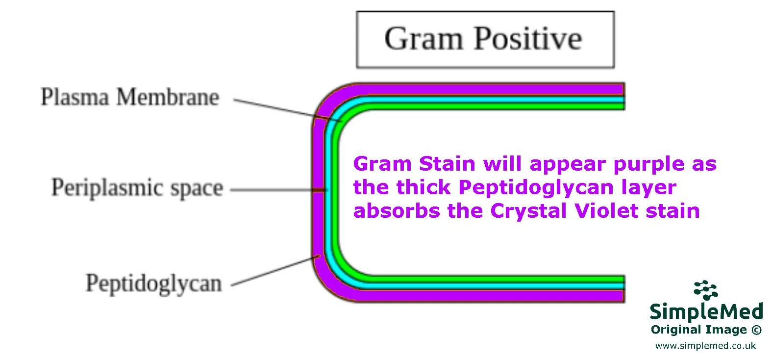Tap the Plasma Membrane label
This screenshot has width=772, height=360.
[x=129, y=97]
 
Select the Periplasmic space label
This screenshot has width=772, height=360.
[x=137, y=188]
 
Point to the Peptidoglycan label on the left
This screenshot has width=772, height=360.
[x=153, y=283]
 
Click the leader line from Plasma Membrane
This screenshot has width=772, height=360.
[x=274, y=108]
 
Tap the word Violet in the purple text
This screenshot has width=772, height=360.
[x=607, y=211]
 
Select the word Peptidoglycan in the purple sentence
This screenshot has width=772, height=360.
[x=536, y=188]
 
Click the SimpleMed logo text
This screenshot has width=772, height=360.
[x=706, y=311]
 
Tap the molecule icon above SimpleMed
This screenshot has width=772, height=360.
[x=705, y=290]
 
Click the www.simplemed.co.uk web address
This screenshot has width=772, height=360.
[x=705, y=346]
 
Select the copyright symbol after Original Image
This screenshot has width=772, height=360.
[x=756, y=330]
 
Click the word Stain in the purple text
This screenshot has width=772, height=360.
[x=447, y=164]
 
